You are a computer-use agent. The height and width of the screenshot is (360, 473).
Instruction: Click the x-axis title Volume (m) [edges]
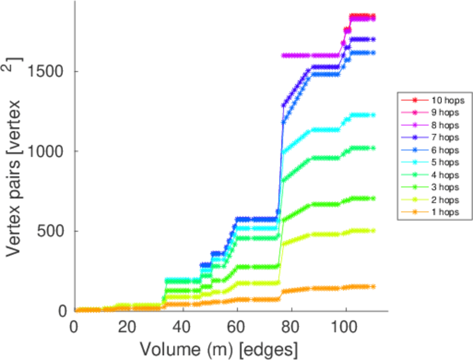[219, 347]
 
